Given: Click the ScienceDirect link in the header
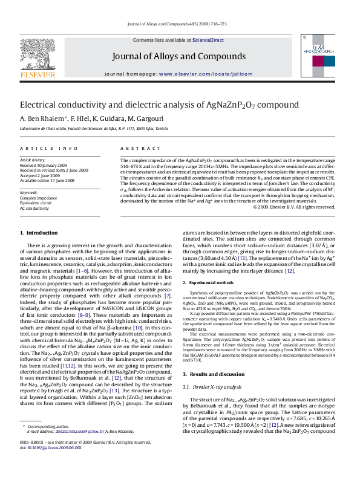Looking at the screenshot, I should [208, 40].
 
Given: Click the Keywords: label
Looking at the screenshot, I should [30, 192].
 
